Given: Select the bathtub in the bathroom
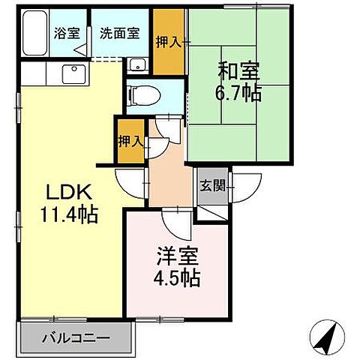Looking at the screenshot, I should point(34,35).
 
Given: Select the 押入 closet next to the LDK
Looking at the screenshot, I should point(129,140).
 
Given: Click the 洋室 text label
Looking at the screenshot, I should point(177,255).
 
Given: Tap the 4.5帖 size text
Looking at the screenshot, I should point(177,277).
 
